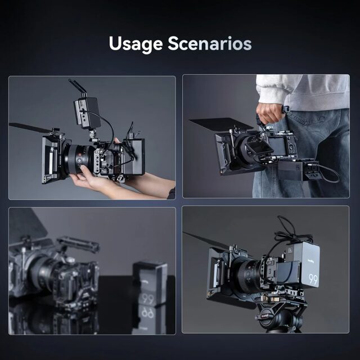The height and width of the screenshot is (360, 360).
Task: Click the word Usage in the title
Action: click(x=136, y=44)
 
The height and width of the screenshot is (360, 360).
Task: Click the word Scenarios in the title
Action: click(x=210, y=43)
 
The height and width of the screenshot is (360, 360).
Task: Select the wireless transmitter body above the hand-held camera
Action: click(x=87, y=113)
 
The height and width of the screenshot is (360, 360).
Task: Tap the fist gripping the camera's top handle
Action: click(x=269, y=114)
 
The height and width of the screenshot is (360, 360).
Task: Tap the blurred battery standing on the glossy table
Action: click(x=150, y=283)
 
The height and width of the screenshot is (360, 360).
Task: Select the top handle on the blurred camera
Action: click(x=78, y=244)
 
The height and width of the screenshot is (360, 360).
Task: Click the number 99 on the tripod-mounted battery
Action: click(x=313, y=280)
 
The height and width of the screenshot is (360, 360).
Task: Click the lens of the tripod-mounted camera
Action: click(x=249, y=274)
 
